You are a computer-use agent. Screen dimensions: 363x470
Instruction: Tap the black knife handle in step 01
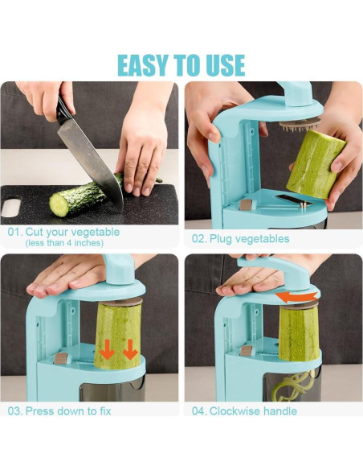point(63,109)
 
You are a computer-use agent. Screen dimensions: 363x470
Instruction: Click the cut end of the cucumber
point(59,205)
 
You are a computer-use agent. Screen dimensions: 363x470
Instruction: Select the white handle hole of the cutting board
point(10,207)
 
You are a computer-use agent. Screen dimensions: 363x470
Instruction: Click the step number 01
point(14,233)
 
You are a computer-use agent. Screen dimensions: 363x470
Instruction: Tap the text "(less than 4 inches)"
point(64,243)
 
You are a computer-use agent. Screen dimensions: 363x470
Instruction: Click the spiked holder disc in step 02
point(300,124)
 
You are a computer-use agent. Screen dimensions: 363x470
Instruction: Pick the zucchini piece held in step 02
point(316,164)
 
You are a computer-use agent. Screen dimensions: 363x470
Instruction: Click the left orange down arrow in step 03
point(108,349)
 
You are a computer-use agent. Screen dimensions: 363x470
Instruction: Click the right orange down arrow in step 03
point(130,349)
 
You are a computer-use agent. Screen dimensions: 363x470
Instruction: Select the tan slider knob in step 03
point(61,358)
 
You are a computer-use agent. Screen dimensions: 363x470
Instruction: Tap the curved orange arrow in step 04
point(296,297)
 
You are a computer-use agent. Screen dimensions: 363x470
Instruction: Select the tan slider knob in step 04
point(247,351)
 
